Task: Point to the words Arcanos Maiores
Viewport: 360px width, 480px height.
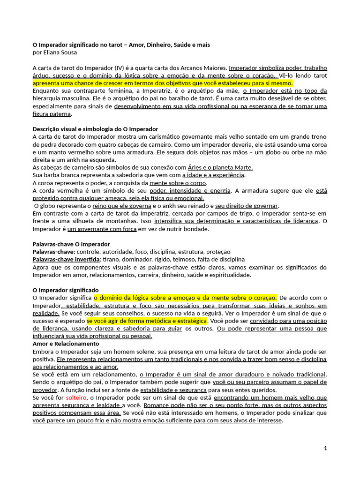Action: click(x=203, y=67)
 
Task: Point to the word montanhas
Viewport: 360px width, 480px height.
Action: click(x=123, y=221)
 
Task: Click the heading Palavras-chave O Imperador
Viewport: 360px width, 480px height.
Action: click(x=71, y=244)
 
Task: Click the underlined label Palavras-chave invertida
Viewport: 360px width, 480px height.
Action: click(x=66, y=259)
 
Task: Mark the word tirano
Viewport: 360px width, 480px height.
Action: click(x=111, y=259)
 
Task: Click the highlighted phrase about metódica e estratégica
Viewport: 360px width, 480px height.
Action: click(x=147, y=321)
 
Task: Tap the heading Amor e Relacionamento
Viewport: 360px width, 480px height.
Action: click(x=66, y=344)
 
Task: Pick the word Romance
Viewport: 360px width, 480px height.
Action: click(x=156, y=405)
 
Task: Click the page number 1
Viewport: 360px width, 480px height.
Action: click(x=325, y=448)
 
